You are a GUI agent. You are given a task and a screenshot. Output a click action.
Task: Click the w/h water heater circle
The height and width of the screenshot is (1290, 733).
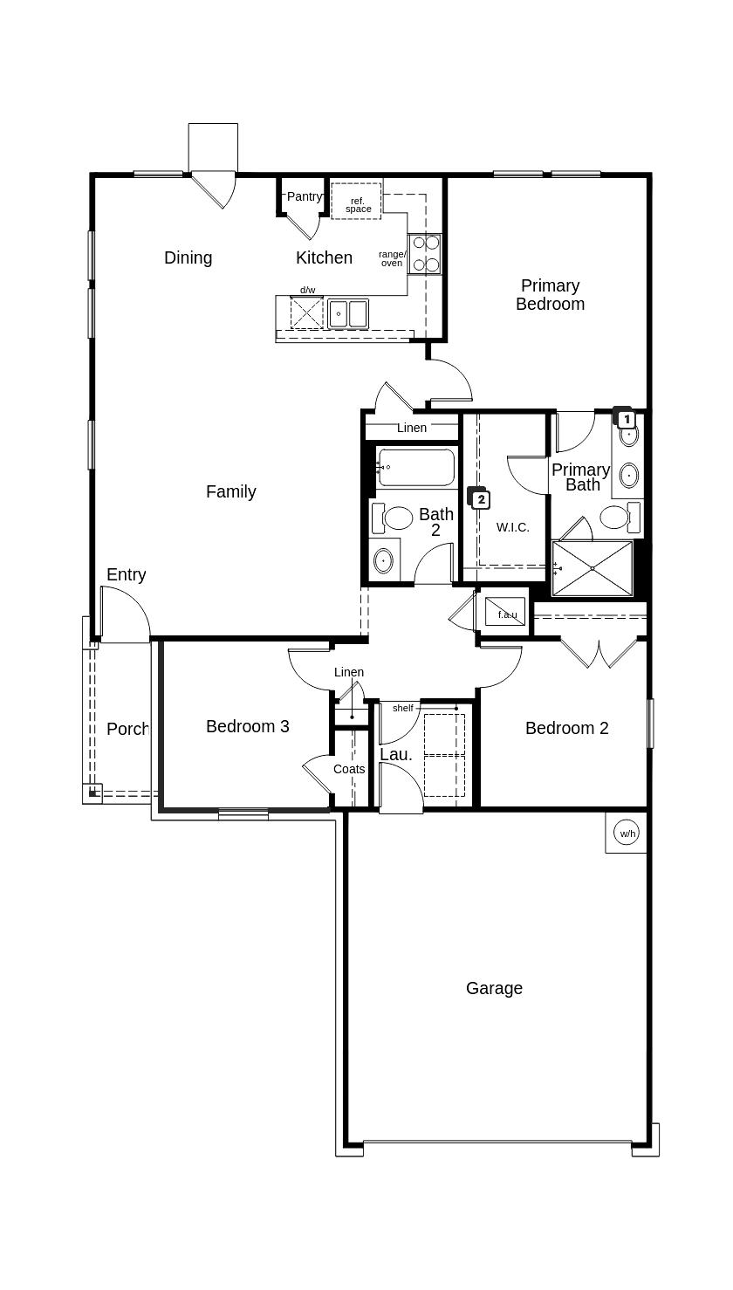[x=627, y=834]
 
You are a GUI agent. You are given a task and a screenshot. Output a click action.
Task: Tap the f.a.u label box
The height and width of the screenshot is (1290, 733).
[x=506, y=613]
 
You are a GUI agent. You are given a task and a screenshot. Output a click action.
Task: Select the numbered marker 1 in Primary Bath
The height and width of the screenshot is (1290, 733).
[x=625, y=419]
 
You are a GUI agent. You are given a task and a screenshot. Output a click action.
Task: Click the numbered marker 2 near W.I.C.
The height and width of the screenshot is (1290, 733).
[x=480, y=499]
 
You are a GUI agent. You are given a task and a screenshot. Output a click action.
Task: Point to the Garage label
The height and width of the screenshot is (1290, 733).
[x=494, y=988]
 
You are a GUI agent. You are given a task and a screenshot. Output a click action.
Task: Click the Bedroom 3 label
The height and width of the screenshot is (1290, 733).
[x=247, y=726]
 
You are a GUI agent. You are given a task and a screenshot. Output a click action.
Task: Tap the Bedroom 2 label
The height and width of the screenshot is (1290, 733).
[x=566, y=728]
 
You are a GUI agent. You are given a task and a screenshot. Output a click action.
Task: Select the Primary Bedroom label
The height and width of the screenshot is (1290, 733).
[x=550, y=295]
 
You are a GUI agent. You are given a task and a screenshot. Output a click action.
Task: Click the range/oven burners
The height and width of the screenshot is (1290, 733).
[x=426, y=253]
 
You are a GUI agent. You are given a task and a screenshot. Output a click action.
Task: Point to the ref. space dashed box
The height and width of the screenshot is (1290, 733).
[x=356, y=201]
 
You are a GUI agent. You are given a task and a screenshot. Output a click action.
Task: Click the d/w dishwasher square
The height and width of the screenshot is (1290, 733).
[x=306, y=312]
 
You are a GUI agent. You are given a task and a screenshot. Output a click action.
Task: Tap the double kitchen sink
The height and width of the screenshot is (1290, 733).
[x=348, y=312]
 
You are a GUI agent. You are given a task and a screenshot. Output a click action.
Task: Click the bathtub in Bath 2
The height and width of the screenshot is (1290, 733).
[x=416, y=467]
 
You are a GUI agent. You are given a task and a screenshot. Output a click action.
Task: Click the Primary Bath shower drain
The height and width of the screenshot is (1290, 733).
[x=593, y=568]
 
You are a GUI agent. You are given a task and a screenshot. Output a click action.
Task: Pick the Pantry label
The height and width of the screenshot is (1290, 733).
[x=304, y=196]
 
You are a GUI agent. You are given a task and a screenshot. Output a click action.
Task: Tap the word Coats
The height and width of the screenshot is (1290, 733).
[x=349, y=769]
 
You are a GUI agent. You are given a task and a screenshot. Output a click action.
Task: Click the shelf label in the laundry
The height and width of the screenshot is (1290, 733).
[x=402, y=708]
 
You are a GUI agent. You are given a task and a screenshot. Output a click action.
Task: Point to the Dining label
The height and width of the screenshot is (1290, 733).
[x=188, y=257]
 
